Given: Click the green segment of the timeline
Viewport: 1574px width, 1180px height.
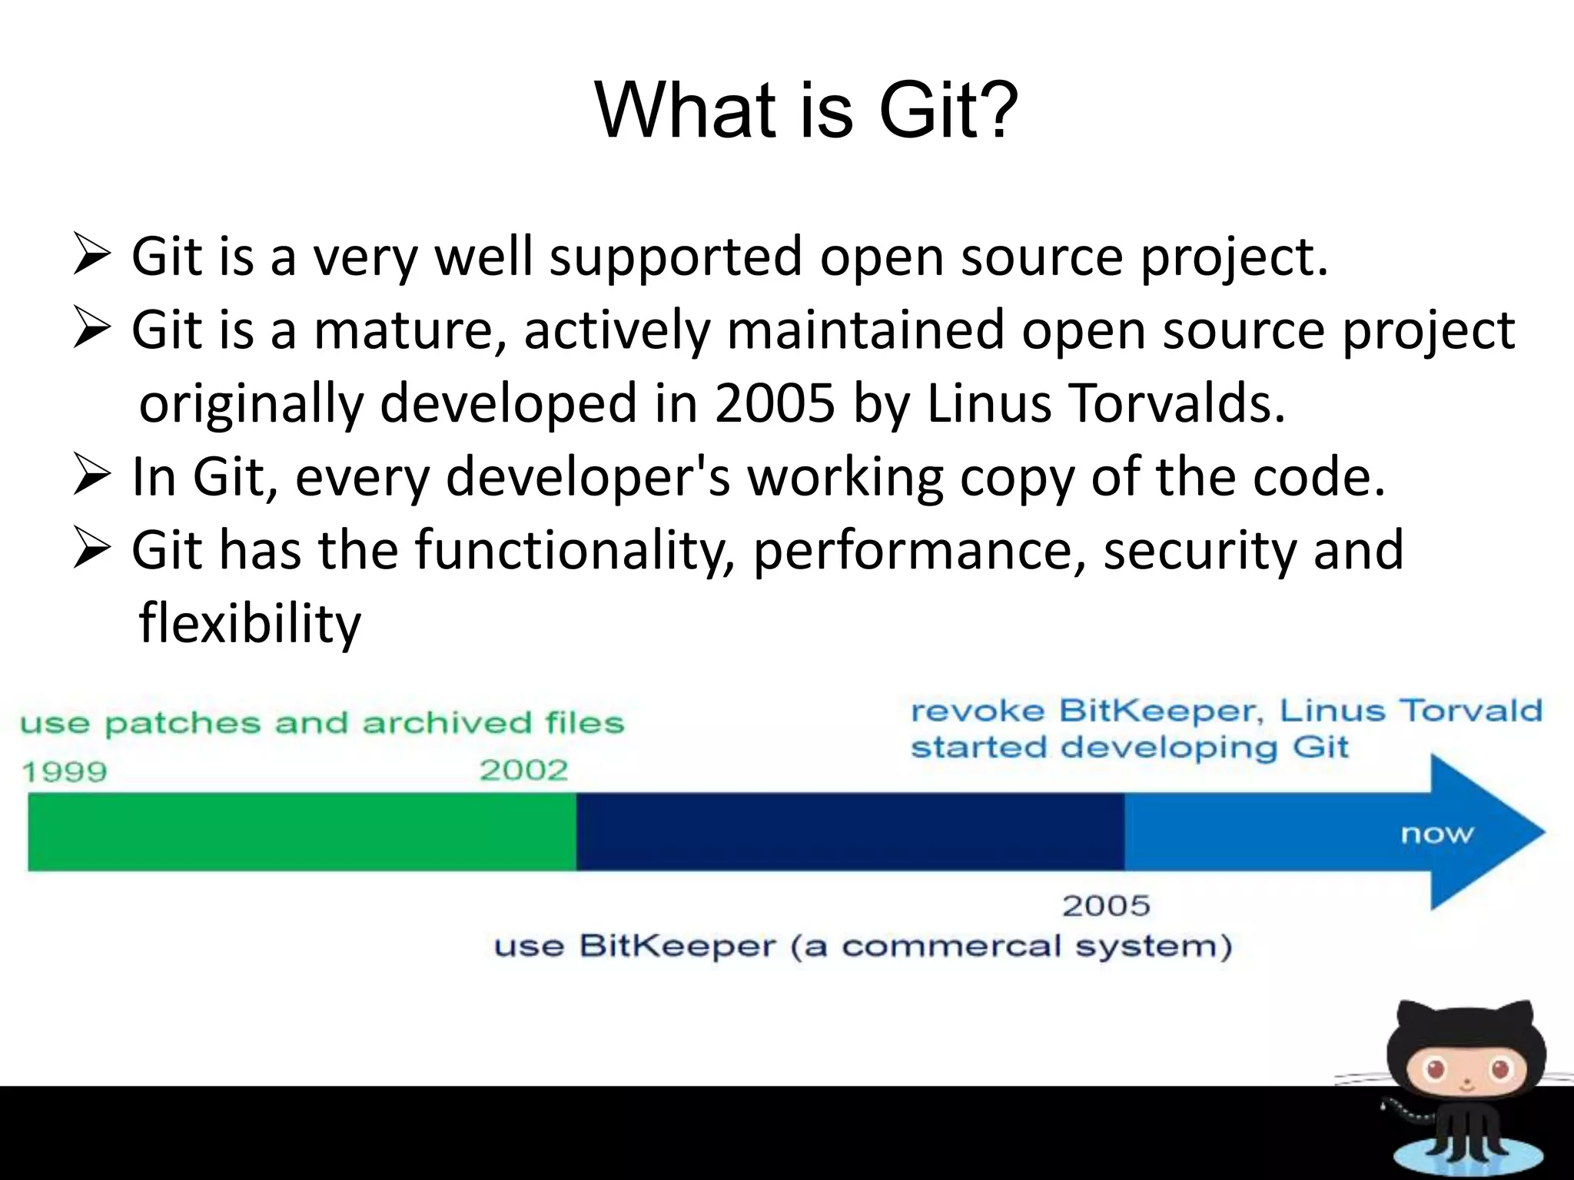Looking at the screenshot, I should coord(301,832).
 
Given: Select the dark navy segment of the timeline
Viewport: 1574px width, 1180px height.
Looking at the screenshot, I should coord(849,832).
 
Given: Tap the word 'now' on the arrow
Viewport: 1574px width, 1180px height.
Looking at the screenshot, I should coord(1436,834).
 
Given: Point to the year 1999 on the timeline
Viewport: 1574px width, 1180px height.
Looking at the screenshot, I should coord(65,771).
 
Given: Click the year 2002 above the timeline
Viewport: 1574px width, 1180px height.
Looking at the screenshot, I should coord(523,770).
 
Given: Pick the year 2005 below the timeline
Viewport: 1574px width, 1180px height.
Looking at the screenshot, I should coord(1106,906).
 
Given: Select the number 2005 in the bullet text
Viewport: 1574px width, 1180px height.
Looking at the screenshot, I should coord(774,403).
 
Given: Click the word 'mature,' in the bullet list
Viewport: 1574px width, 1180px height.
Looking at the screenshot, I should coord(410,330).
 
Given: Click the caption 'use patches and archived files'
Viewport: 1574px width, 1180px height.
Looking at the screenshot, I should coord(322,723).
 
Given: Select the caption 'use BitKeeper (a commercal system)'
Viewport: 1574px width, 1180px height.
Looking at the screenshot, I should coord(863,946).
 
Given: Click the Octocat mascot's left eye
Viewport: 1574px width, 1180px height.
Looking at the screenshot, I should coord(1434,1069).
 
